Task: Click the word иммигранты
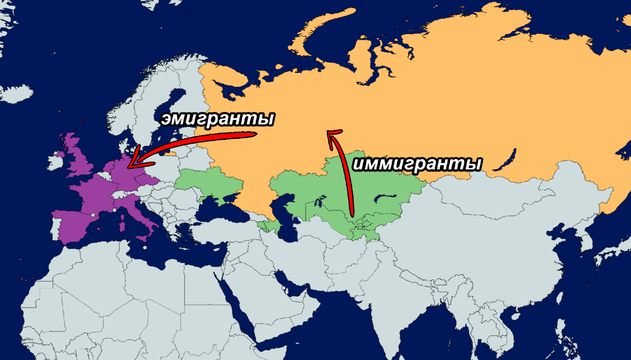418,163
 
